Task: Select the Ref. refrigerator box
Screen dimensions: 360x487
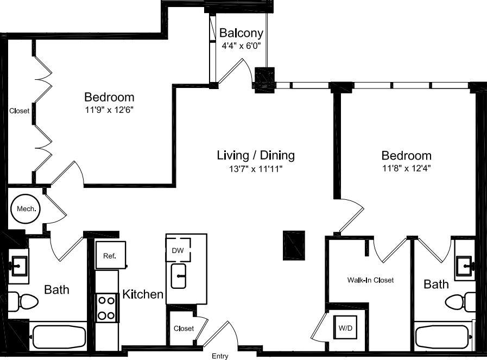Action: click(110, 254)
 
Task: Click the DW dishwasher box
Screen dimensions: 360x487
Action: click(178, 250)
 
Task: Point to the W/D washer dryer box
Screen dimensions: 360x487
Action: click(345, 327)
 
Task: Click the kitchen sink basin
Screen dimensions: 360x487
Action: click(179, 276)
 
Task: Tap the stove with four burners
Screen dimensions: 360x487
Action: click(107, 307)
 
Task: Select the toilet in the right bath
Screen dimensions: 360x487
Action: click(461, 300)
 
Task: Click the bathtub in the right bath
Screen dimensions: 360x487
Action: click(443, 337)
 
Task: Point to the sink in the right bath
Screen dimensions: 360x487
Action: click(465, 266)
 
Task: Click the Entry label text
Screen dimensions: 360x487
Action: click(220, 356)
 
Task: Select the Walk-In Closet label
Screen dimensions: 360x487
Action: click(371, 280)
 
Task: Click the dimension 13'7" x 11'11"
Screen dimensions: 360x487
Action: click(255, 169)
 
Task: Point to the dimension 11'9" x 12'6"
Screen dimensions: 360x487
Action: click(109, 110)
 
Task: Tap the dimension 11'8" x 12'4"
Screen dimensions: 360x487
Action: click(406, 168)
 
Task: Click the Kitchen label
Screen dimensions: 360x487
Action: click(143, 294)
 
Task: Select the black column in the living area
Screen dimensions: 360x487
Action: click(294, 244)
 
